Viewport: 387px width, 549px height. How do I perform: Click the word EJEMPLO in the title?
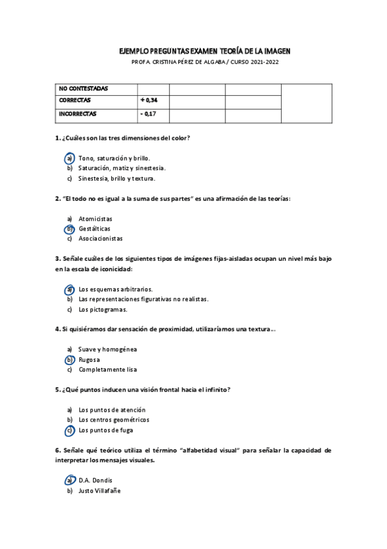point(135,50)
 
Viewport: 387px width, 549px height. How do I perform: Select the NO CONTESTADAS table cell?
point(83,88)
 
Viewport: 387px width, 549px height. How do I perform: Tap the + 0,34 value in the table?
point(149,100)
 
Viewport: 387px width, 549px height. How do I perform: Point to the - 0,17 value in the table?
point(148,113)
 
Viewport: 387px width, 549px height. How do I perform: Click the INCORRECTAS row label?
point(78,113)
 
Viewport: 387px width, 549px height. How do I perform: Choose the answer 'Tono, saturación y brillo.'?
point(114,158)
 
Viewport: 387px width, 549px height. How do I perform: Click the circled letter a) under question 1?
point(69,158)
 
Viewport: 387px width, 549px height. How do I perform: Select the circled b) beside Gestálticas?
point(69,229)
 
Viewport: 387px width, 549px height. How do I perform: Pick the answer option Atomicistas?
point(95,219)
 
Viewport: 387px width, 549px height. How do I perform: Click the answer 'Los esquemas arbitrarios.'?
point(115,289)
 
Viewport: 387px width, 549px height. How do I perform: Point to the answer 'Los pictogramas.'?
point(103,309)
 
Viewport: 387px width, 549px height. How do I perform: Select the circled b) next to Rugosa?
point(69,359)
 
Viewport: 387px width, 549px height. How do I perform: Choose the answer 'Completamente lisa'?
point(107,369)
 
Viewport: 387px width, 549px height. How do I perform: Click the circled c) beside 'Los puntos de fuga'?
point(69,430)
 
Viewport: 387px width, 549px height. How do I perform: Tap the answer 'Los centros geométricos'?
point(114,420)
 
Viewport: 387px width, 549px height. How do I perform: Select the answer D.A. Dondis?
point(95,480)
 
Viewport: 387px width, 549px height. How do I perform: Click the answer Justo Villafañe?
point(99,490)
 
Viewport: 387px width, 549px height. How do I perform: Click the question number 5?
point(58,390)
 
